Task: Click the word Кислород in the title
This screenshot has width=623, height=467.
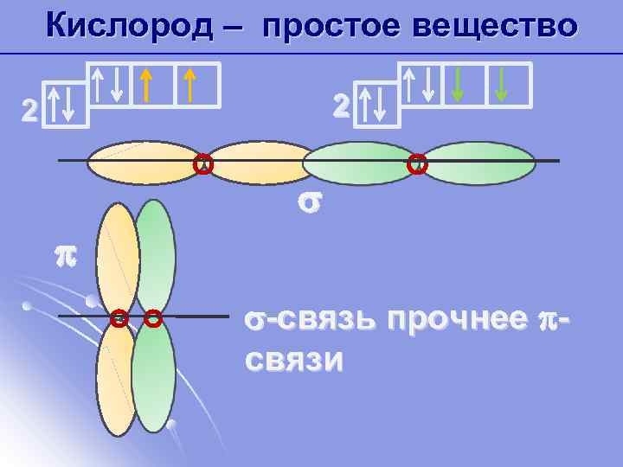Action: click(129, 25)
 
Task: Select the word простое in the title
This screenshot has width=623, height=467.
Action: click(330, 25)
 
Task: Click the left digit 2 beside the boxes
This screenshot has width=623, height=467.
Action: click(30, 110)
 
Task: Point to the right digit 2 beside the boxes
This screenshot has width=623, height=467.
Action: click(342, 105)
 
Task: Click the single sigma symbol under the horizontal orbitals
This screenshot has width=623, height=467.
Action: click(308, 202)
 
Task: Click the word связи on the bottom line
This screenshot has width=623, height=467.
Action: click(293, 359)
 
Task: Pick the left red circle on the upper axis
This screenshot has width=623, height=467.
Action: click(203, 163)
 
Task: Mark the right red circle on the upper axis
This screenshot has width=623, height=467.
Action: click(417, 163)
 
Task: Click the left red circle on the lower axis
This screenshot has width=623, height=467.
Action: click(119, 319)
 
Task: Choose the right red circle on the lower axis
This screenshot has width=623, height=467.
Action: click(153, 319)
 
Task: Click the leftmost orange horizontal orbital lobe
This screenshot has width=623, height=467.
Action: click(144, 163)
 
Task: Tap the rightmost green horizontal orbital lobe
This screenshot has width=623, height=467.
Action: click(478, 163)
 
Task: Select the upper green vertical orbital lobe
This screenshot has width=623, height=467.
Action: click(156, 255)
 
